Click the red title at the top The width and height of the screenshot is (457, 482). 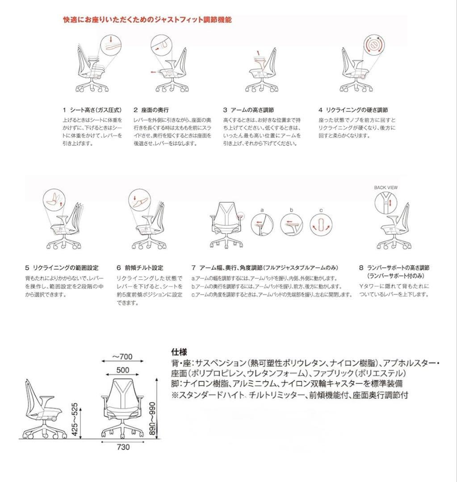click(147, 20)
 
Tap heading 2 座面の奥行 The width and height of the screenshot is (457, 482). click(151, 109)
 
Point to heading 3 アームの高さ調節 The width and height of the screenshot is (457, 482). click(248, 109)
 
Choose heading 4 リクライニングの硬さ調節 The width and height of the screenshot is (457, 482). click(353, 109)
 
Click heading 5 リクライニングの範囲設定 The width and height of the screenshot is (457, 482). click(62, 268)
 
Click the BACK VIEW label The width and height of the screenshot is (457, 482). click(386, 188)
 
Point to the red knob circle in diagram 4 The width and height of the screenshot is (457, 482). click(374, 45)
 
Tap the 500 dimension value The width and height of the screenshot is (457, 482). click(123, 370)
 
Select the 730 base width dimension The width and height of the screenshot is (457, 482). click(123, 448)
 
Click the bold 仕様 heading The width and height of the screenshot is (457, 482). click(178, 351)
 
